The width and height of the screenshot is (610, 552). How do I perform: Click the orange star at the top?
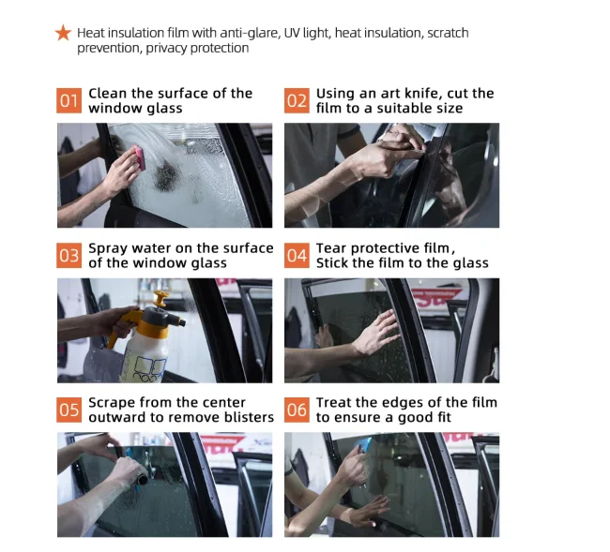click(63, 33)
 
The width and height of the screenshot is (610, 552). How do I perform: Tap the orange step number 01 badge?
click(69, 100)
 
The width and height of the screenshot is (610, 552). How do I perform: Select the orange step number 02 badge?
click(297, 100)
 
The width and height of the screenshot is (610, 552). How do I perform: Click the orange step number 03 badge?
click(69, 256)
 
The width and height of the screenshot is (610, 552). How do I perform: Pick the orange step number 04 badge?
click(297, 256)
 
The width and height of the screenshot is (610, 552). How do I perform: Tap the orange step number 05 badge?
click(69, 410)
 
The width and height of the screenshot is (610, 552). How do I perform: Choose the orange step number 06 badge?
click(297, 410)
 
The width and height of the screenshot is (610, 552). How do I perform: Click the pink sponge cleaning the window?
click(140, 157)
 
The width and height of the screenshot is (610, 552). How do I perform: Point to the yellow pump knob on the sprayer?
click(160, 298)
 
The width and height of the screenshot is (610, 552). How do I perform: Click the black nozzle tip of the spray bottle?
click(182, 322)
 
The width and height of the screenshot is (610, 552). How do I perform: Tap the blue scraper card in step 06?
click(365, 444)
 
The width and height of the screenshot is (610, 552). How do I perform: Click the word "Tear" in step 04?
click(331, 248)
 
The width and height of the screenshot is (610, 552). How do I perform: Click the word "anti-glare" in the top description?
click(250, 34)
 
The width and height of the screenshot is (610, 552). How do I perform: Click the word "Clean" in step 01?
click(108, 94)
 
